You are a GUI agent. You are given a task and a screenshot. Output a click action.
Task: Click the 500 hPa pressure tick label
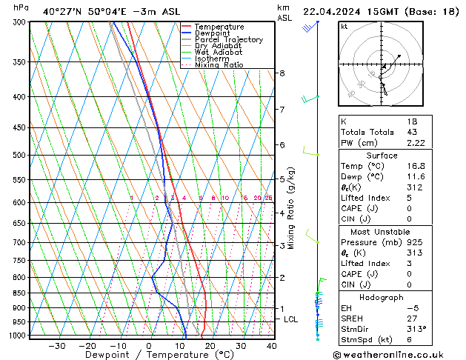coord(19,156)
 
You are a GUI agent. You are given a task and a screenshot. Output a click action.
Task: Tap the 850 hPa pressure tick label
coord(19,293)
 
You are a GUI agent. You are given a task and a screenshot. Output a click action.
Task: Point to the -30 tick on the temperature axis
coord(56,345)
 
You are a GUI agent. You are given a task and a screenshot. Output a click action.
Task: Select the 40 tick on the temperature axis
coord(271,345)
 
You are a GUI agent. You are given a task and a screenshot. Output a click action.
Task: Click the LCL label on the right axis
coord(291,319)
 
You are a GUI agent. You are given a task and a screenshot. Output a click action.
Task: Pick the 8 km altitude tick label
coord(282,73)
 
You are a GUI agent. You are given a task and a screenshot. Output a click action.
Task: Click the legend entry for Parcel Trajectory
coord(228,40)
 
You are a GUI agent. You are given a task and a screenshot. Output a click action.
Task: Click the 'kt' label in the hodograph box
coord(344,27)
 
